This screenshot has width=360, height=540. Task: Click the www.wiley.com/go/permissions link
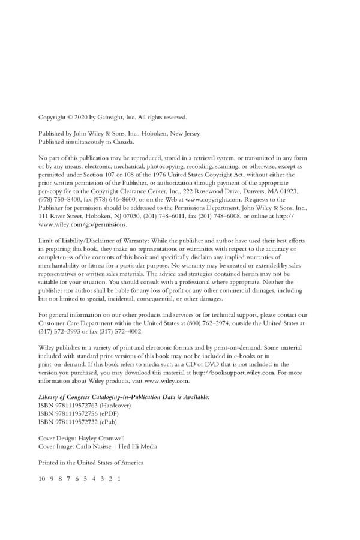click(x=83, y=224)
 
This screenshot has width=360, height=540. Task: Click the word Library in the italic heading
click(x=49, y=397)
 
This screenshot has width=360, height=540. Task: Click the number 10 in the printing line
click(x=41, y=479)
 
